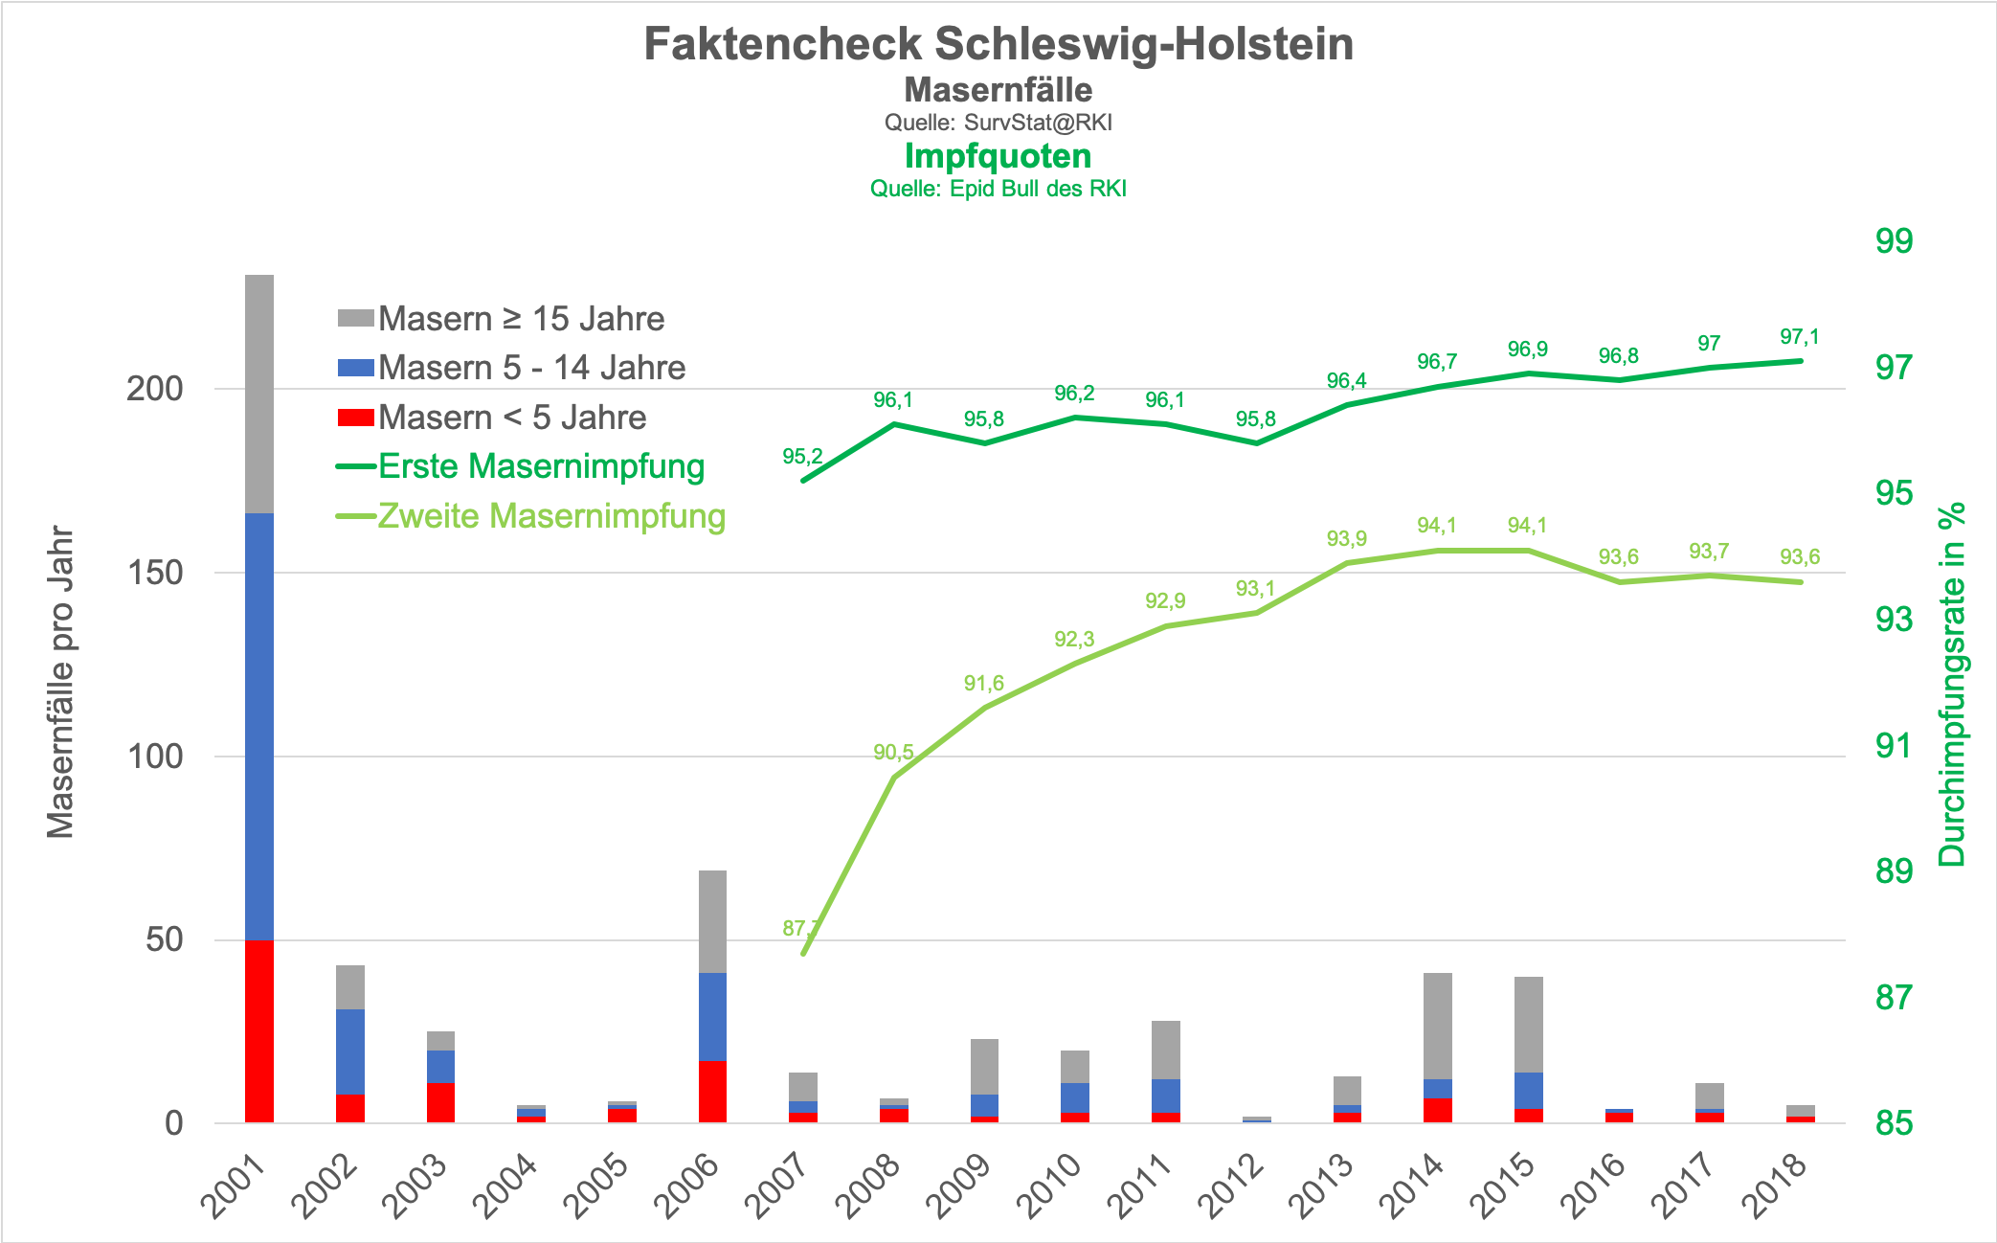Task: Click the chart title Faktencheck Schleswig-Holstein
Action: pos(998,44)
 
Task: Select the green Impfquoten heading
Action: pos(998,156)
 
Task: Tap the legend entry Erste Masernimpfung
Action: pos(541,466)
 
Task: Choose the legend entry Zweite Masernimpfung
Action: pos(551,516)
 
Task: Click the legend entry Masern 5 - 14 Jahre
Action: pos(531,368)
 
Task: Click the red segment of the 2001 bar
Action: pos(259,1030)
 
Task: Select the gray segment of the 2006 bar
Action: pos(712,921)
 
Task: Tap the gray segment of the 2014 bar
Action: pos(1438,1026)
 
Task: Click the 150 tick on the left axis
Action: pos(155,573)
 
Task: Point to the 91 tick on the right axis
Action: pos(1894,745)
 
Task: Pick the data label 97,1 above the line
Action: pos(1800,337)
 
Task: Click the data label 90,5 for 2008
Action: pos(893,753)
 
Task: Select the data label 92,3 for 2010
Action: pos(1074,639)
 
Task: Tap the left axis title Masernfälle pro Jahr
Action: pos(60,681)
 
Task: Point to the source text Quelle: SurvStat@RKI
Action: pos(998,123)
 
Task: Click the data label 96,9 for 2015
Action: pos(1528,350)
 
